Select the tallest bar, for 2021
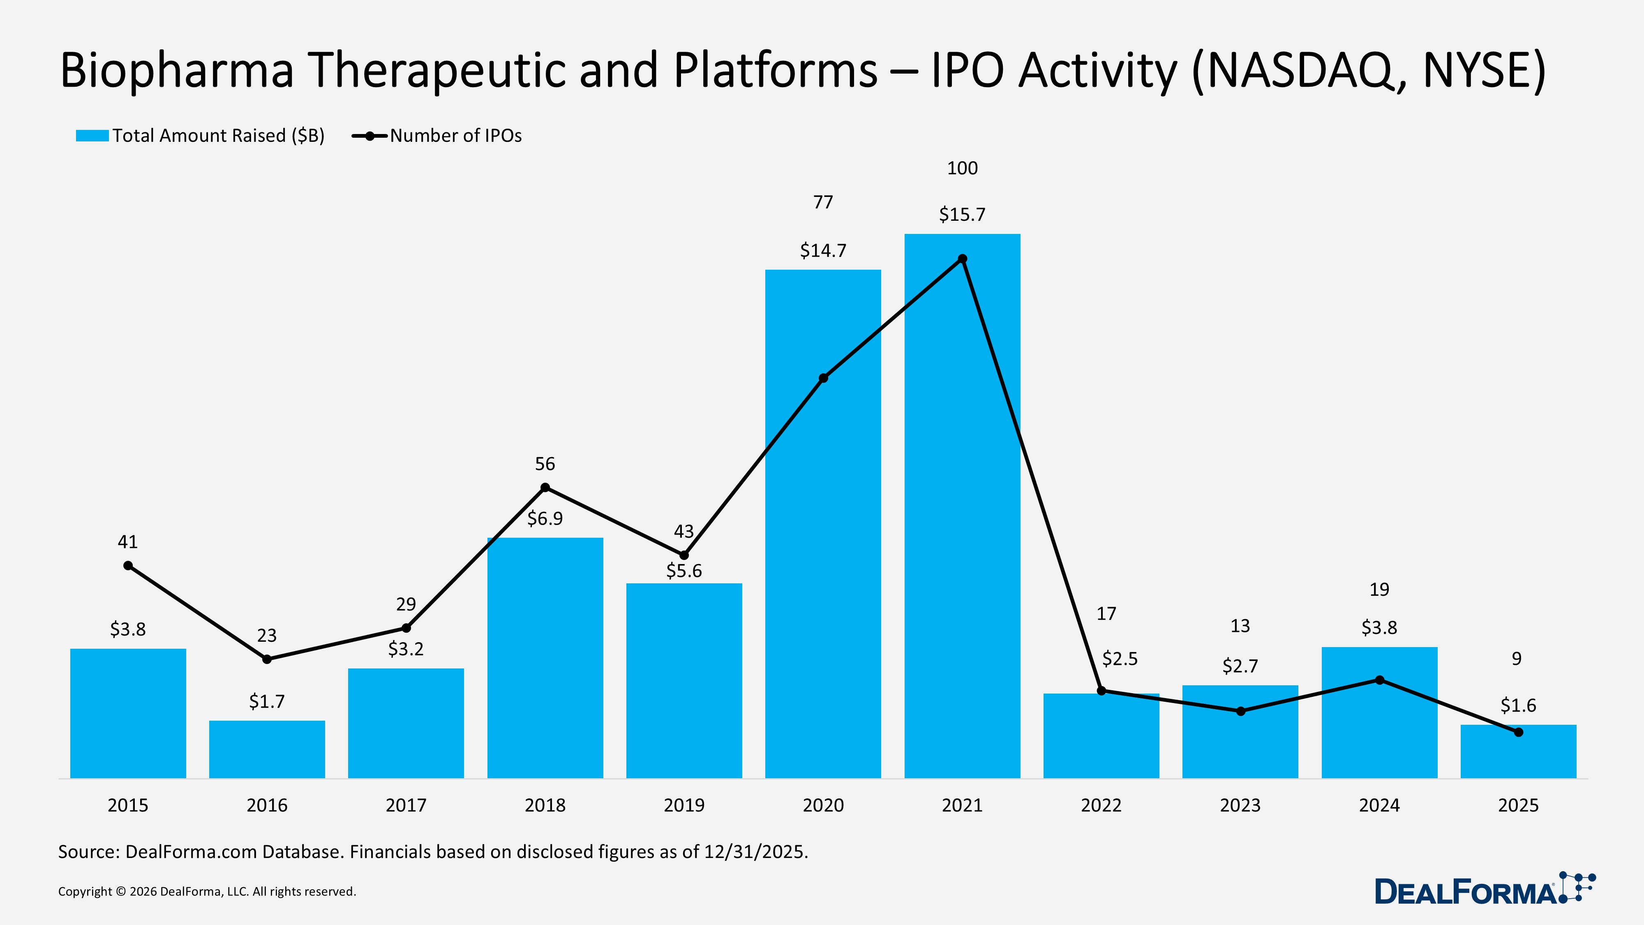[962, 511]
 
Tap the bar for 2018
[545, 657]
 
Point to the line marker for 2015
[128, 566]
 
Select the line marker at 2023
[1240, 711]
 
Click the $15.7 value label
[962, 215]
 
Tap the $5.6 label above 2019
[683, 571]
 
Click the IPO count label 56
[545, 464]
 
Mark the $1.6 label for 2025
[1518, 705]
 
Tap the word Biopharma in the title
[177, 70]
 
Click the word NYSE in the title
[1474, 70]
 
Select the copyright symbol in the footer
[120, 892]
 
